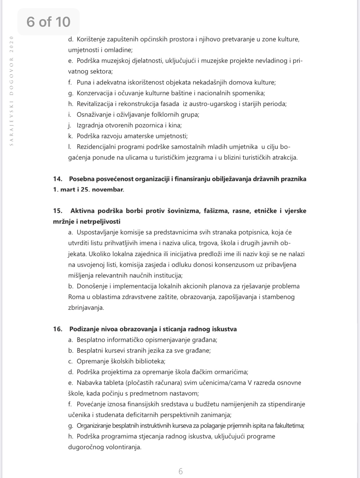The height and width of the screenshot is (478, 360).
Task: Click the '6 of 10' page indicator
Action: point(48,22)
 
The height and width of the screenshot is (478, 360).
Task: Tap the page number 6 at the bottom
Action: point(181,463)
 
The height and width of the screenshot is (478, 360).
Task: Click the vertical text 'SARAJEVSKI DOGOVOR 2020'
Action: point(12,91)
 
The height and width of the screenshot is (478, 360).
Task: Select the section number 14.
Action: point(58,179)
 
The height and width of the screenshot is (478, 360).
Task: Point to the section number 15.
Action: point(58,211)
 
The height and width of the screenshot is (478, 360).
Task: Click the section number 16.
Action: point(58,329)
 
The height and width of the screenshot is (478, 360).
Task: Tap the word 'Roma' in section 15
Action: point(75,297)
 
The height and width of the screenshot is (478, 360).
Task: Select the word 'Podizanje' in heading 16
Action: point(84,329)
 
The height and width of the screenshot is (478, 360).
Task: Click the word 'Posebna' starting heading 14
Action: point(82,179)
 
